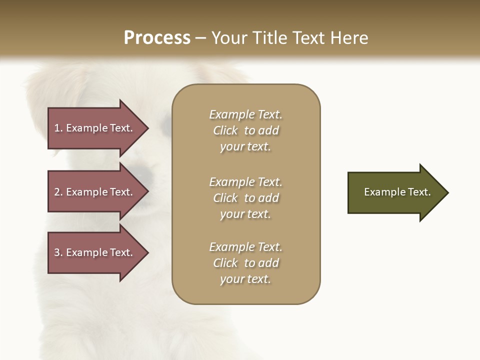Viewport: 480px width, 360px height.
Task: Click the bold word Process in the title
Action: tap(157, 38)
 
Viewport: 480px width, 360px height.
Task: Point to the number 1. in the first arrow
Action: tap(58, 128)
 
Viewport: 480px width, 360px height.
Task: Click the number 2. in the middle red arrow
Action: tap(58, 192)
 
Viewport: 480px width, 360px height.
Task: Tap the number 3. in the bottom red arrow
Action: tap(58, 252)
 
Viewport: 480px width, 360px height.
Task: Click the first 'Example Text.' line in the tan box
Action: tap(245, 114)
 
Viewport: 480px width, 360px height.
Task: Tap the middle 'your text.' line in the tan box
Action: tap(245, 214)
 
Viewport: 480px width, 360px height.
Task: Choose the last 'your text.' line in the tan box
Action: tap(245, 279)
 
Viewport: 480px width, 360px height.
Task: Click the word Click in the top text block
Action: tap(225, 130)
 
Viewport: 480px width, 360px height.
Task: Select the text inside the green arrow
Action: tap(397, 192)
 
